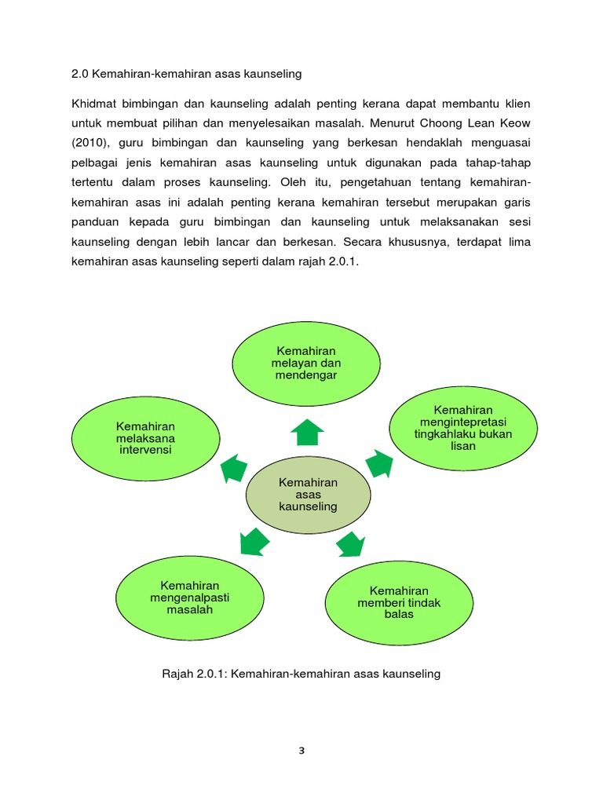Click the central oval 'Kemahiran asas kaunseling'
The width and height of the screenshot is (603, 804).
(308, 494)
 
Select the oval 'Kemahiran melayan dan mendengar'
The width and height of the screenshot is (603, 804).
(306, 363)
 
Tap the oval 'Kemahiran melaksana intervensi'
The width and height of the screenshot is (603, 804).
(145, 438)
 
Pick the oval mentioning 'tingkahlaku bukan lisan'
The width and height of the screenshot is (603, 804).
(463, 428)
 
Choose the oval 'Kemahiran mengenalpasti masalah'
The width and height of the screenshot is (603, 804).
(190, 598)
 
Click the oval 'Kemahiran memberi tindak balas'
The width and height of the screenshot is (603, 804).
(399, 602)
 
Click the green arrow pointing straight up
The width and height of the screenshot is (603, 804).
(307, 430)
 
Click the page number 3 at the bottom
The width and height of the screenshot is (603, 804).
(301, 750)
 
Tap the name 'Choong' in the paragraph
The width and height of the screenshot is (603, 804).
(450, 123)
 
